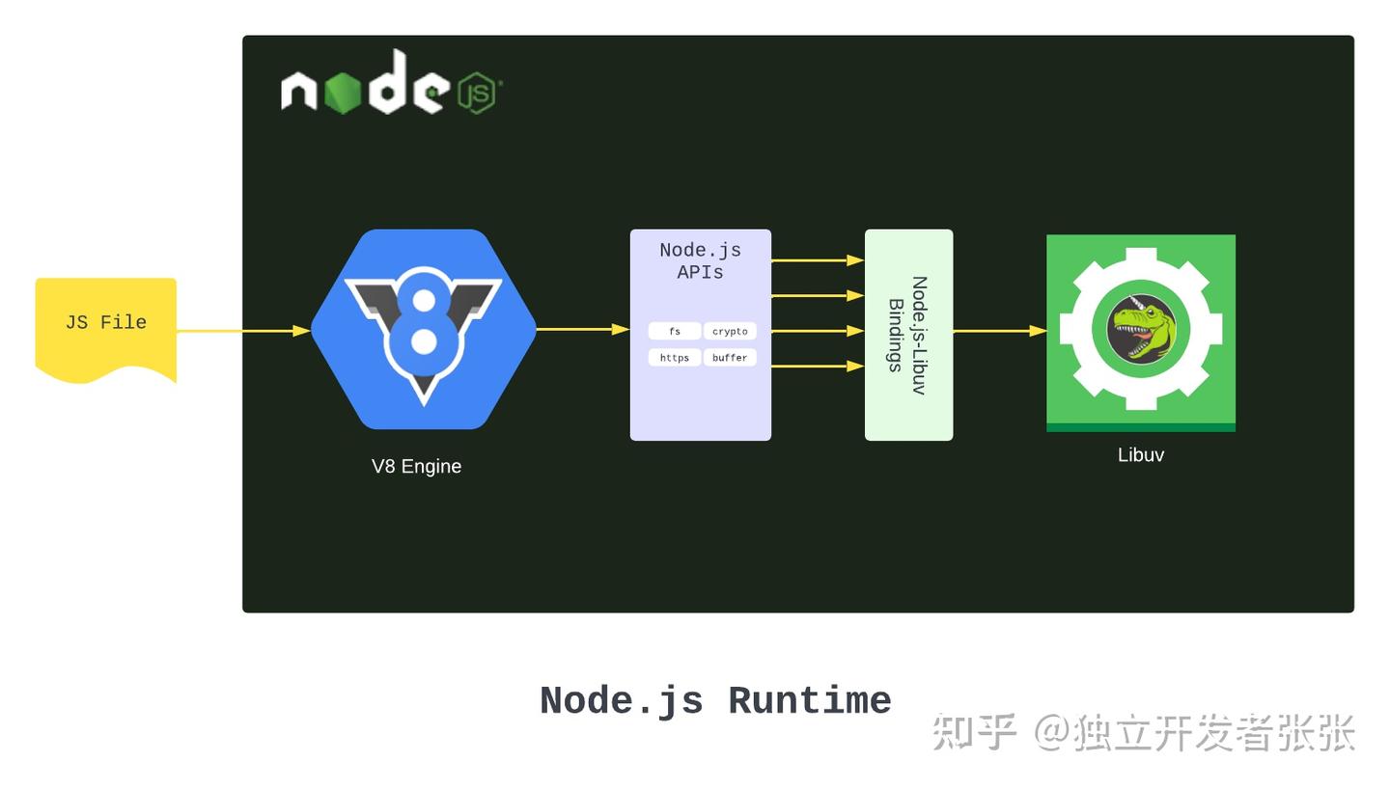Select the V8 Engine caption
pos(416,466)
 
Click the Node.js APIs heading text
pos(700,260)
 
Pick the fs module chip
pos(674,331)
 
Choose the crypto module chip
pos(730,331)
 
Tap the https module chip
pos(674,357)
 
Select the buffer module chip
pos(730,357)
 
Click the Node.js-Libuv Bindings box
pos(908,335)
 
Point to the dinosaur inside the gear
pos(1142,329)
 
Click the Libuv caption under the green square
pos(1140,454)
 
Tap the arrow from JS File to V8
pos(241,330)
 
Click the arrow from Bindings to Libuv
pos(999,331)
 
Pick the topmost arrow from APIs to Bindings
pos(817,259)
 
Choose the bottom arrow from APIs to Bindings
pos(817,366)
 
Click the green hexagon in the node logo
pos(342,93)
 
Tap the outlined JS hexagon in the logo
pos(476,93)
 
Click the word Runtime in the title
pos(809,701)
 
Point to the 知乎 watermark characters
pos(973,732)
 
